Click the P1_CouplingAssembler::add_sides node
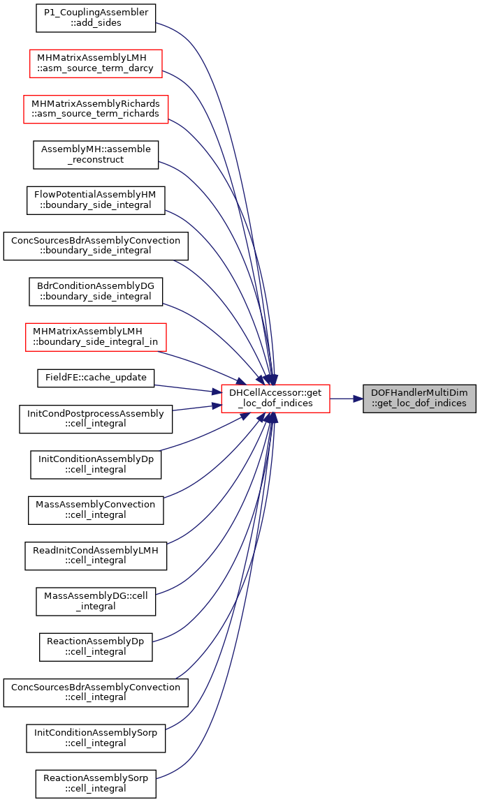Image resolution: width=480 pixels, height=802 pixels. (96, 18)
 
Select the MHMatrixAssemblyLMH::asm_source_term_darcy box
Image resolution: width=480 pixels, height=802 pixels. (96, 64)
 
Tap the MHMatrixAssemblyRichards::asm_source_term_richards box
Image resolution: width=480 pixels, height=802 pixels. (96, 109)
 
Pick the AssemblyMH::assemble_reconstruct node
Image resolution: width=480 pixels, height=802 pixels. (96, 155)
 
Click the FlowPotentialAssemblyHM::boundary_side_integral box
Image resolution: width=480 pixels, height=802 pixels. (96, 200)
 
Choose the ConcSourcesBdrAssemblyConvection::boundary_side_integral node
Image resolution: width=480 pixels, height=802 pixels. (96, 246)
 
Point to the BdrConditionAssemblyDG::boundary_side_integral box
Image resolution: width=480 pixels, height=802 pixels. (96, 292)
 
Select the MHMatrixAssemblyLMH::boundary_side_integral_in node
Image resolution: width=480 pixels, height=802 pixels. (96, 337)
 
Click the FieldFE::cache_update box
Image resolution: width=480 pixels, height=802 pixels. (96, 378)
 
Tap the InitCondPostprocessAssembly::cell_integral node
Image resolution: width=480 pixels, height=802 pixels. (96, 419)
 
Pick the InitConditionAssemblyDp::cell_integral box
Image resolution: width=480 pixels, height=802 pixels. (96, 464)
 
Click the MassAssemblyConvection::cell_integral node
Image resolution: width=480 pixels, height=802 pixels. (96, 510)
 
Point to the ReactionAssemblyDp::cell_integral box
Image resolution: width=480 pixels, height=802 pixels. (96, 647)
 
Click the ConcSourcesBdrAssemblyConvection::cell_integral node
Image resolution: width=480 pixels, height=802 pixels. (96, 692)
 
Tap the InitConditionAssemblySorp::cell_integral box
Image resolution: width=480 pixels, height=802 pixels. (96, 738)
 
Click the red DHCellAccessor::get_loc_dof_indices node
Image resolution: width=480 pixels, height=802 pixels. (275, 399)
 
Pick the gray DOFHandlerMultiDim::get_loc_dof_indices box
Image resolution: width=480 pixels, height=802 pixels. (419, 399)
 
